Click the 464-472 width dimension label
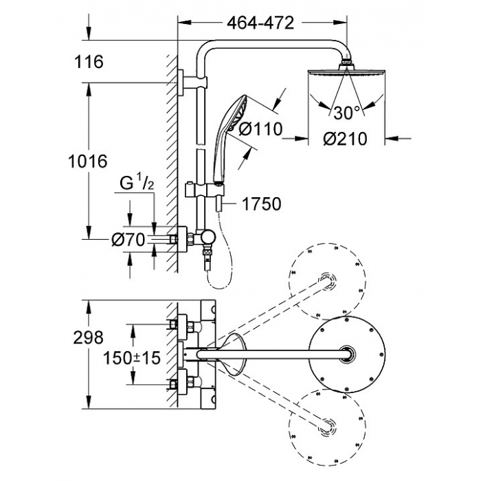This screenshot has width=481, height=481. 260,23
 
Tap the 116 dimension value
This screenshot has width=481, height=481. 89,62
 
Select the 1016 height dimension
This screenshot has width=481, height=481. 88,161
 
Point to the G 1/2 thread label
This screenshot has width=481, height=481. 137,183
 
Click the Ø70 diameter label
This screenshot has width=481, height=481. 128,239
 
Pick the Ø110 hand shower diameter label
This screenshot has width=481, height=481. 260,129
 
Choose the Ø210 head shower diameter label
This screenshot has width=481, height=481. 345,139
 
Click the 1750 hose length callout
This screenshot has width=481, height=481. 262,203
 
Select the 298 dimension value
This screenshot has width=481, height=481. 89,338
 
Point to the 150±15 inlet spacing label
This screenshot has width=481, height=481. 132,358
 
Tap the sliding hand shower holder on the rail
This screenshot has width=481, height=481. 204,191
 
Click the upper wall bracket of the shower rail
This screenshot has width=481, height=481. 192,82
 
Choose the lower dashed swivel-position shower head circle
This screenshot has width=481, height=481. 328,427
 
